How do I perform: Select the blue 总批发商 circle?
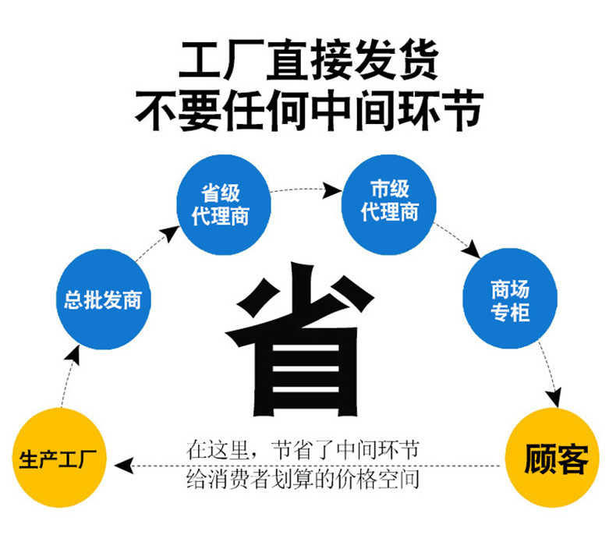(x=102, y=299)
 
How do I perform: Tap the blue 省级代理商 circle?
(x=221, y=205)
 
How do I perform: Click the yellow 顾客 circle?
(x=555, y=459)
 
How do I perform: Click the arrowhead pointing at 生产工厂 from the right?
(x=122, y=466)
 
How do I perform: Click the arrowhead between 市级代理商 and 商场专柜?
(x=473, y=251)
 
